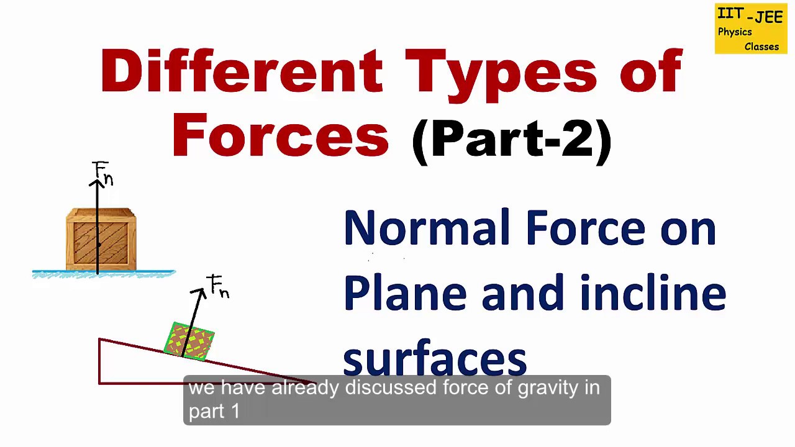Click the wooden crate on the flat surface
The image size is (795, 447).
point(101,240)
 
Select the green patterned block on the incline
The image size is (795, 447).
point(189,341)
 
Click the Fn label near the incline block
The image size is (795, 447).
point(219,286)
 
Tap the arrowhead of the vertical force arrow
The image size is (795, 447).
point(98,183)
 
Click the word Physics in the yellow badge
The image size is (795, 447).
point(735,32)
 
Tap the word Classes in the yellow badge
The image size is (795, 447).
point(761,47)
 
